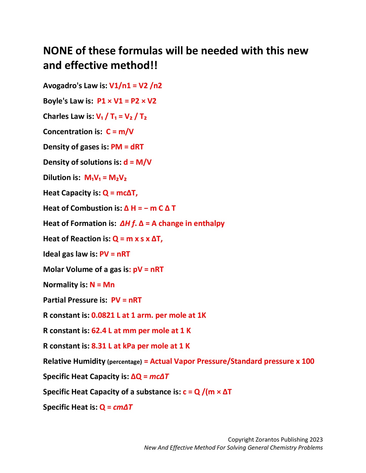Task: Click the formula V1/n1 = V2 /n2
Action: click(x=136, y=86)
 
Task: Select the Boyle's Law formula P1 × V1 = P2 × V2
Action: click(x=127, y=101)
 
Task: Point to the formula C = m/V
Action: click(x=120, y=132)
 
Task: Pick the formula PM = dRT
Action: click(x=127, y=147)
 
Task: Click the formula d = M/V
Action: click(x=137, y=162)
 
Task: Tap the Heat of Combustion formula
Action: click(x=150, y=208)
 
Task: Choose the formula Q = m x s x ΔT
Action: click(x=138, y=239)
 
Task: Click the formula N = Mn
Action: click(x=102, y=285)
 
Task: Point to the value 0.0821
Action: click(x=103, y=315)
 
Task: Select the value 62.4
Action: click(x=99, y=331)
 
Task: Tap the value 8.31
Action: click(x=99, y=346)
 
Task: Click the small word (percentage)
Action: click(x=125, y=362)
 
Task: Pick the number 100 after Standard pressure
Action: click(x=308, y=361)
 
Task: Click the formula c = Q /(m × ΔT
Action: click(x=207, y=392)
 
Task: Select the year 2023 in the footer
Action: click(x=316, y=440)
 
